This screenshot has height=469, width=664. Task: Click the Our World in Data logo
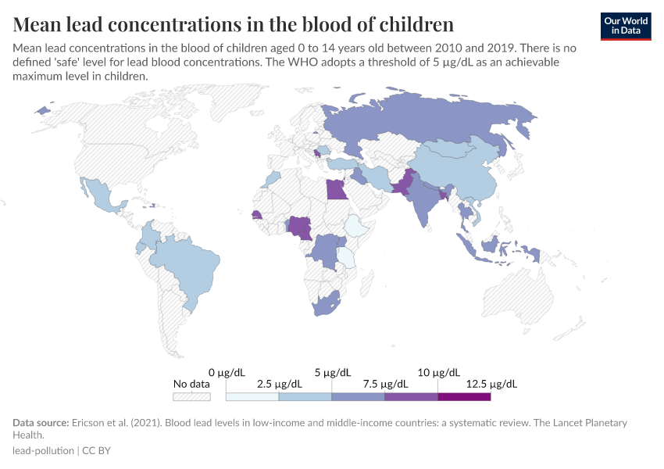[x=626, y=26]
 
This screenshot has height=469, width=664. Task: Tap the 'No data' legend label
[x=191, y=384]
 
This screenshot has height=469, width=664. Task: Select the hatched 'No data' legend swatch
[x=192, y=396]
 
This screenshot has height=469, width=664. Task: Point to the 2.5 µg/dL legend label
[x=278, y=384]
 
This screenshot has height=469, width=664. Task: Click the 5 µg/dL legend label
[x=331, y=372]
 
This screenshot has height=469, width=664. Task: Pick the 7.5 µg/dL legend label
[x=384, y=384]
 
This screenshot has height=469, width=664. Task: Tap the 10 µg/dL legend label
[x=437, y=372]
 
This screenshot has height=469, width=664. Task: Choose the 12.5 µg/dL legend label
[x=491, y=384]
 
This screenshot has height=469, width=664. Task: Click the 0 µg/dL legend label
[x=226, y=372]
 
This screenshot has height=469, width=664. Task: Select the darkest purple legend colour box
[x=464, y=396]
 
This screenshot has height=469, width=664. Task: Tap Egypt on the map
[x=337, y=189]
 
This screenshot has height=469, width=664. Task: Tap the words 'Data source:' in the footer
[x=40, y=423]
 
